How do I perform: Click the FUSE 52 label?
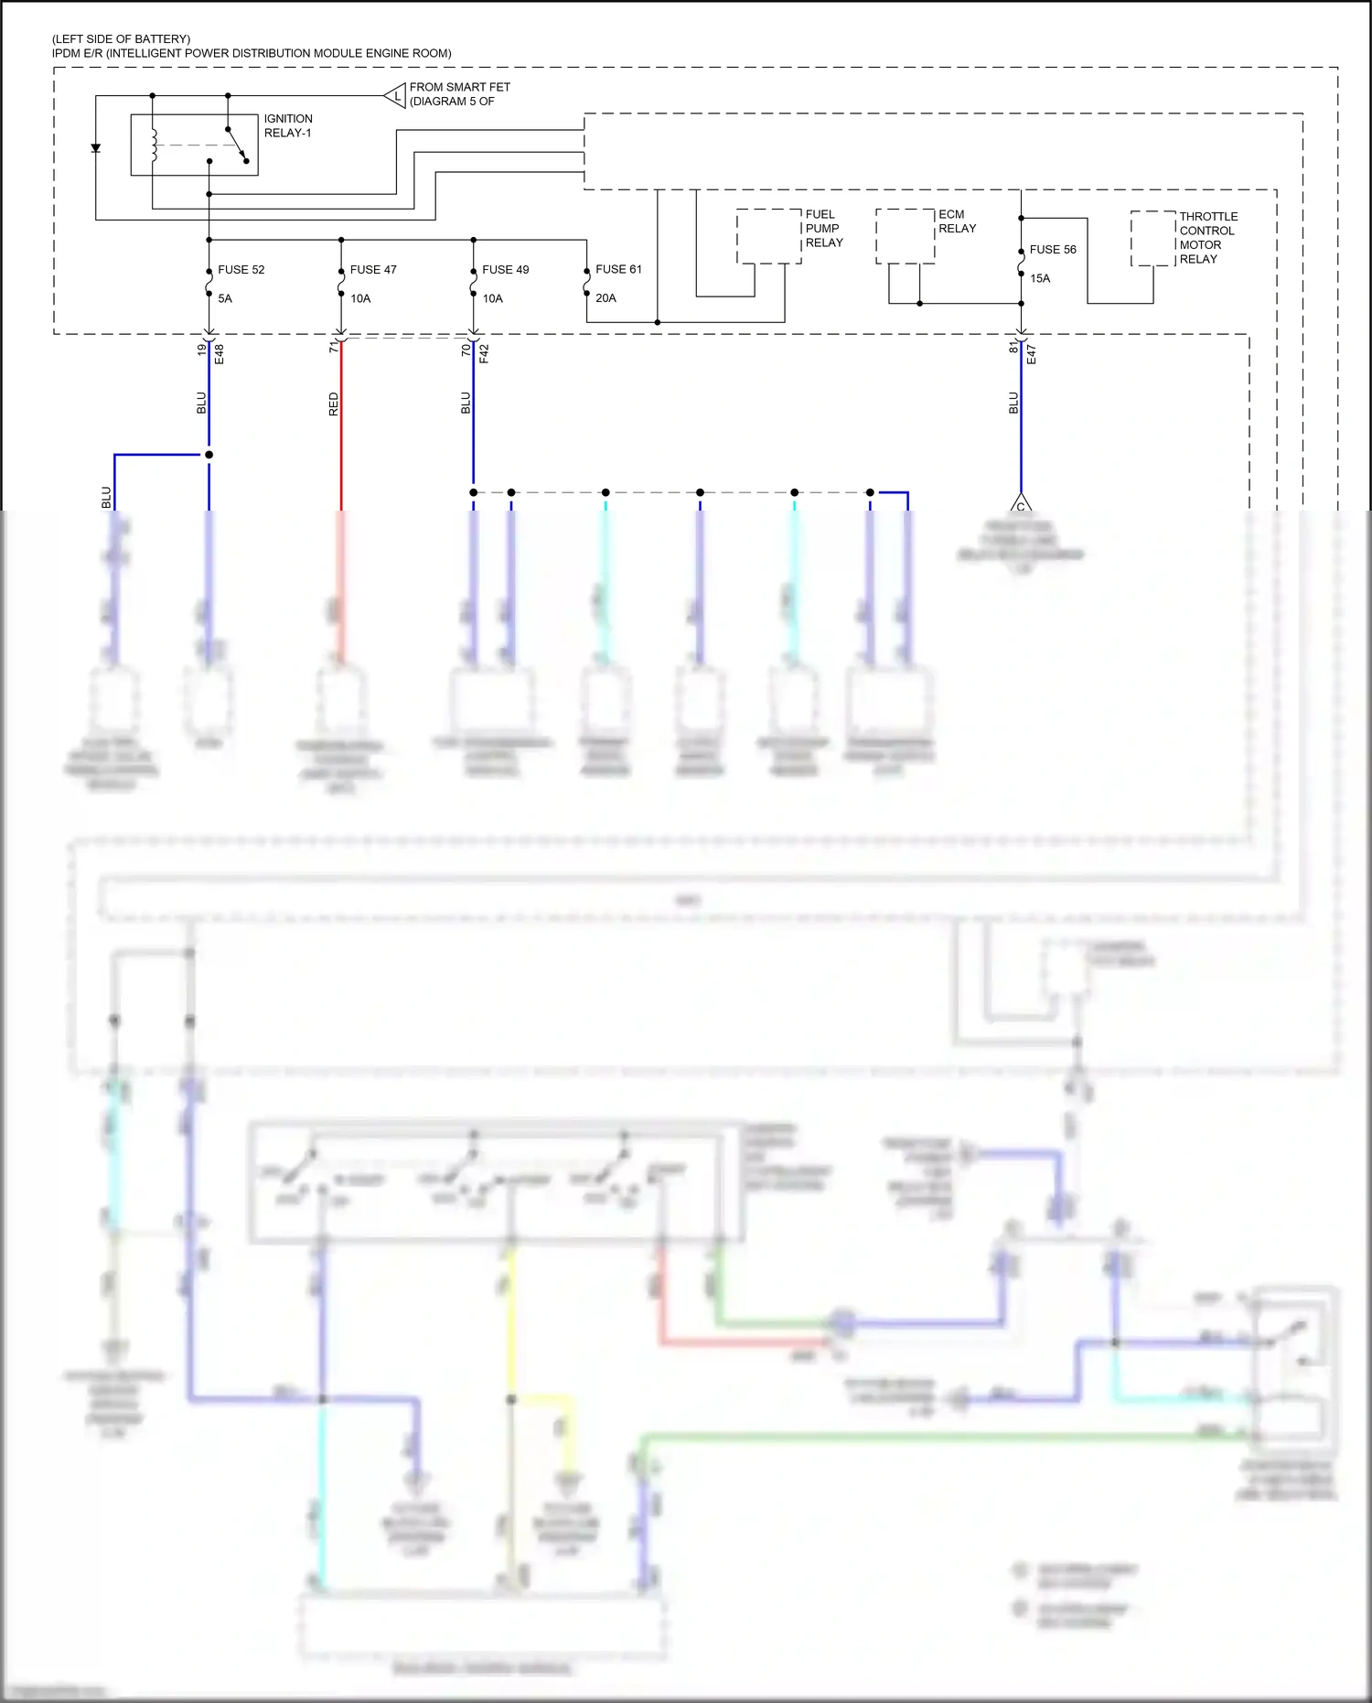point(241,270)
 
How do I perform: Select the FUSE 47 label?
point(373,270)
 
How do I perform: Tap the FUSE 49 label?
point(505,270)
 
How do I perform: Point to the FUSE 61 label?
point(618,269)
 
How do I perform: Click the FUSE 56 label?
point(1053,250)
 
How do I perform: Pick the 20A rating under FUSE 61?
point(606,298)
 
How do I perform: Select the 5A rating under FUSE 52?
point(225,298)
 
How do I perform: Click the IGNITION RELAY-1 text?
point(288,126)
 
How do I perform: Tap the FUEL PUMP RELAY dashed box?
point(768,236)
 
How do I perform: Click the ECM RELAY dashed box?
point(905,236)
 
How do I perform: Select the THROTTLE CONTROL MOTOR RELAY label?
point(1207,238)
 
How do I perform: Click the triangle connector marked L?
point(396,95)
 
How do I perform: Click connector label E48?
point(220,354)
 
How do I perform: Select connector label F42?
point(484,354)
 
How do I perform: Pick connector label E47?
point(1031,354)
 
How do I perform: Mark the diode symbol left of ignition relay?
point(96,148)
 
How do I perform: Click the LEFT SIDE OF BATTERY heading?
point(122,39)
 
